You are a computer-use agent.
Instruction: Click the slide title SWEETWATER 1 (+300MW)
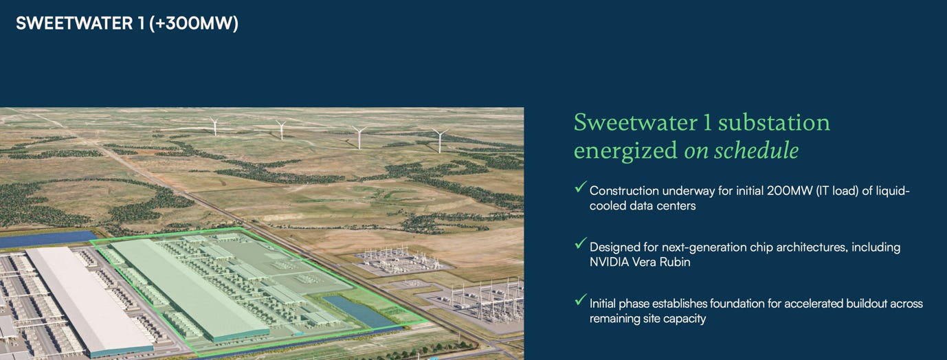coord(127,23)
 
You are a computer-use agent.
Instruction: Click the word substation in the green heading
coord(774,122)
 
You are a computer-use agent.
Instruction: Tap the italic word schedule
coord(757,150)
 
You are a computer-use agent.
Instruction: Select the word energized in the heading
coord(625,151)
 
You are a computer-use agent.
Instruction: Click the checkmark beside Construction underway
coord(581,187)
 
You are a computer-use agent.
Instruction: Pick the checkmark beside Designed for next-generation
coord(581,243)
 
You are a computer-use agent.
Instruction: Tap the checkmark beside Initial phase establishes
coord(581,300)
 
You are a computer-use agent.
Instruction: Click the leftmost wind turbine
coord(215,126)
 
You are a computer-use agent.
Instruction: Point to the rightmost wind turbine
coord(440,141)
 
